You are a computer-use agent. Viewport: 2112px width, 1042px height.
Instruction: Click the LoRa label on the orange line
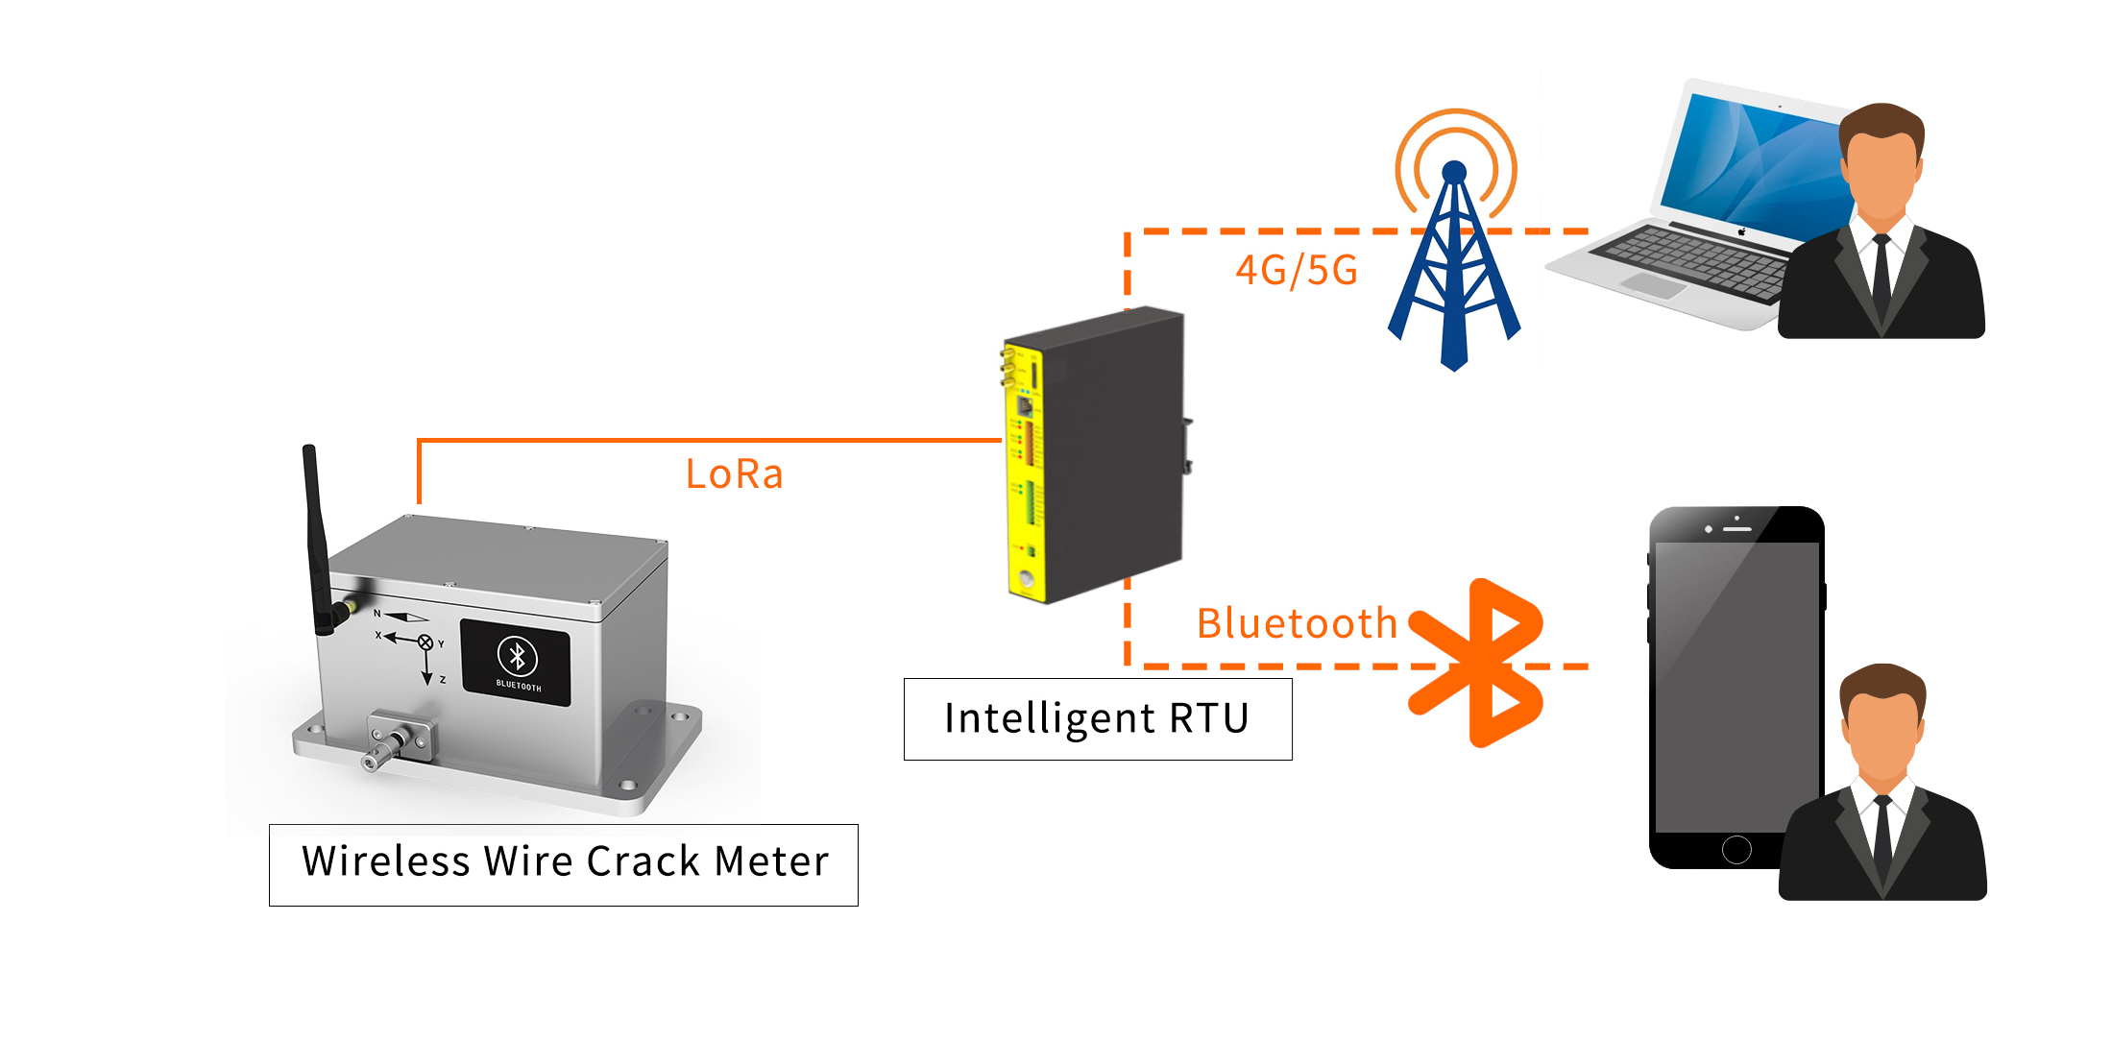[734, 474]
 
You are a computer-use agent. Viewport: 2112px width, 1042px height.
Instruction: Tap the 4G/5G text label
[1296, 271]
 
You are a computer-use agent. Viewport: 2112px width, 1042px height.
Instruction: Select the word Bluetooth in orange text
[1296, 624]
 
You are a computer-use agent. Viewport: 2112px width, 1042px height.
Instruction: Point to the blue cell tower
[1454, 279]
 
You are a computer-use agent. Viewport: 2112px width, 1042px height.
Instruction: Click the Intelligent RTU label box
[1097, 719]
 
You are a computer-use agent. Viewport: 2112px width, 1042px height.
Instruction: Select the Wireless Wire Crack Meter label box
[564, 863]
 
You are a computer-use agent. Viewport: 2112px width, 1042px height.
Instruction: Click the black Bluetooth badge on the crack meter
[516, 663]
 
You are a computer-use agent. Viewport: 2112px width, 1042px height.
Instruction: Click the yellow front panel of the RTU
[1024, 471]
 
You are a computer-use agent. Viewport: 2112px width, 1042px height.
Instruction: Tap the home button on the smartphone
[1736, 849]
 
